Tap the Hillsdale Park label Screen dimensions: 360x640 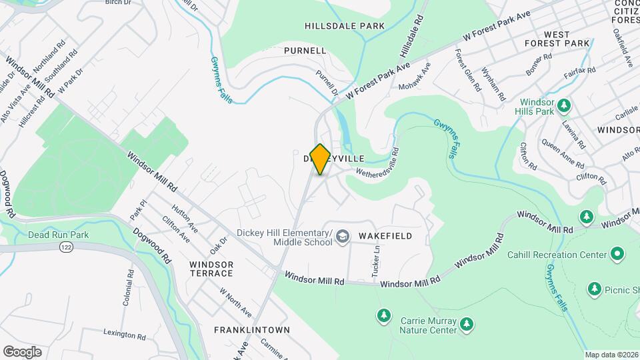[345, 26]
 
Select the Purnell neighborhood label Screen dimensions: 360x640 [305, 51]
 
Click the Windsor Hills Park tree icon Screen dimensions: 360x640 [564, 105]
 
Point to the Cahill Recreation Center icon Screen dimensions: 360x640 [617, 254]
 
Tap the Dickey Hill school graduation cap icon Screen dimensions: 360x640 [343, 237]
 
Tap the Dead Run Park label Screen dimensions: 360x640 [58, 235]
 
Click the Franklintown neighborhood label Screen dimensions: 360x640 [251, 330]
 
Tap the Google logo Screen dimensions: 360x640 [22, 351]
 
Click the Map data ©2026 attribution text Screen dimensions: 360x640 [611, 355]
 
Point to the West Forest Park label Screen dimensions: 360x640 [566, 39]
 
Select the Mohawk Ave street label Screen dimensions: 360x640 [415, 77]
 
